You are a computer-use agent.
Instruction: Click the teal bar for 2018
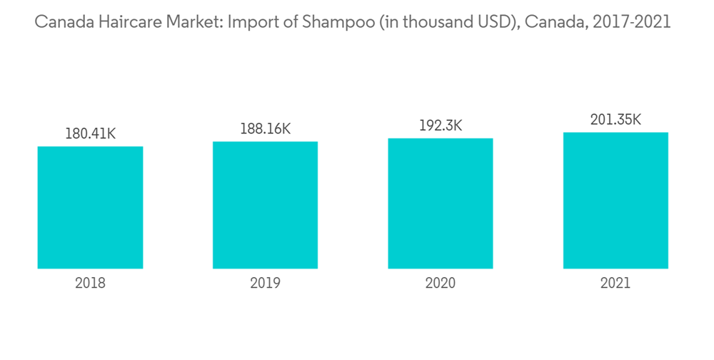(90, 207)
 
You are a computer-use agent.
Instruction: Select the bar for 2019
(265, 204)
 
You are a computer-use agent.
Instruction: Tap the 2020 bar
(441, 203)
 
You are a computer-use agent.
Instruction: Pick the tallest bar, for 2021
(615, 200)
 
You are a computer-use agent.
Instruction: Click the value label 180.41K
(90, 134)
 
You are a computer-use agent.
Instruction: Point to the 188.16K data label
(265, 129)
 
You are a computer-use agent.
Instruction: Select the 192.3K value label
(441, 126)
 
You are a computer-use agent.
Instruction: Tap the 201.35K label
(615, 119)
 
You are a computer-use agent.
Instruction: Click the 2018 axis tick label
(90, 284)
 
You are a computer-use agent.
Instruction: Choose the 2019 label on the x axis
(265, 284)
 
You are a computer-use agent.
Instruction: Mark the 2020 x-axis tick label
(441, 284)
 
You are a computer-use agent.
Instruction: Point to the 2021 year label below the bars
(615, 284)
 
